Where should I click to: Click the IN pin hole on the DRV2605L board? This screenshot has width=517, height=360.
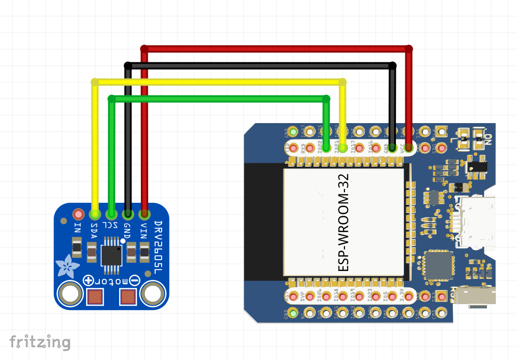click(78, 214)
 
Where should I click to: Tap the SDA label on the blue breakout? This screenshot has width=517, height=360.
click(94, 229)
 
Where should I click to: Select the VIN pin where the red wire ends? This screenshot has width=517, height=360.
click(144, 214)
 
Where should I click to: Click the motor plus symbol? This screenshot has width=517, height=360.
click(89, 280)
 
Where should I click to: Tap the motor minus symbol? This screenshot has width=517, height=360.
click(134, 280)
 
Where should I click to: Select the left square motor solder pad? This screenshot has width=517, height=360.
click(95, 297)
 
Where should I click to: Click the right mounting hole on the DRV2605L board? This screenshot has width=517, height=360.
click(152, 295)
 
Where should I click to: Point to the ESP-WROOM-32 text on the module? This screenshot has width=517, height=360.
click(343, 222)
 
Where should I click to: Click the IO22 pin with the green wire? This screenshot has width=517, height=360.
click(326, 147)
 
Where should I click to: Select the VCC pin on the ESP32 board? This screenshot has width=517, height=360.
click(408, 147)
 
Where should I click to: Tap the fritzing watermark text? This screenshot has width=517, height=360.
click(40, 342)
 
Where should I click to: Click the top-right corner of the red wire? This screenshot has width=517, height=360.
click(409, 49)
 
